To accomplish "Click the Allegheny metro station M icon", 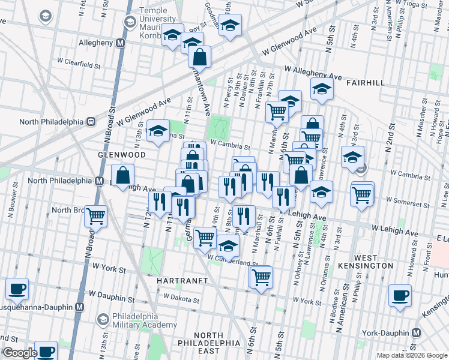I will [121, 43].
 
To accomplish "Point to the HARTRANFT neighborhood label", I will [182, 281].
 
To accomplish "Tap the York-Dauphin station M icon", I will [415, 332].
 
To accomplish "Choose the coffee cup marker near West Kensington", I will [400, 295].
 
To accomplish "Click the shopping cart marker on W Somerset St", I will [362, 194].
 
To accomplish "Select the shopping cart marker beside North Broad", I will [96, 215].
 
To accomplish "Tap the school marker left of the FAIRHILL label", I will [322, 89].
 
